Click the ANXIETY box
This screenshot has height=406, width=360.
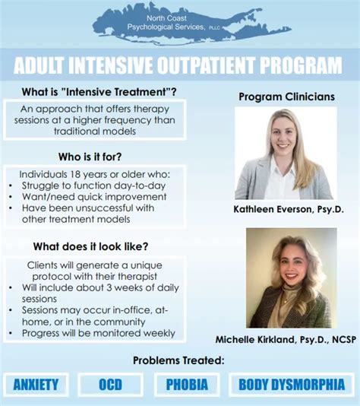35,384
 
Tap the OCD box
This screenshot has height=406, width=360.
110,384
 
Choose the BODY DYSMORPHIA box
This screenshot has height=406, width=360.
292,384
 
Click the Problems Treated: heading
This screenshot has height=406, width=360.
179,360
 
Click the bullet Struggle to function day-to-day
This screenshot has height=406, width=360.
94,185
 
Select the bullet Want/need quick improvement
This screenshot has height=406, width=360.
88,196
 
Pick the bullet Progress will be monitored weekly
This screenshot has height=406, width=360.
99,333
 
